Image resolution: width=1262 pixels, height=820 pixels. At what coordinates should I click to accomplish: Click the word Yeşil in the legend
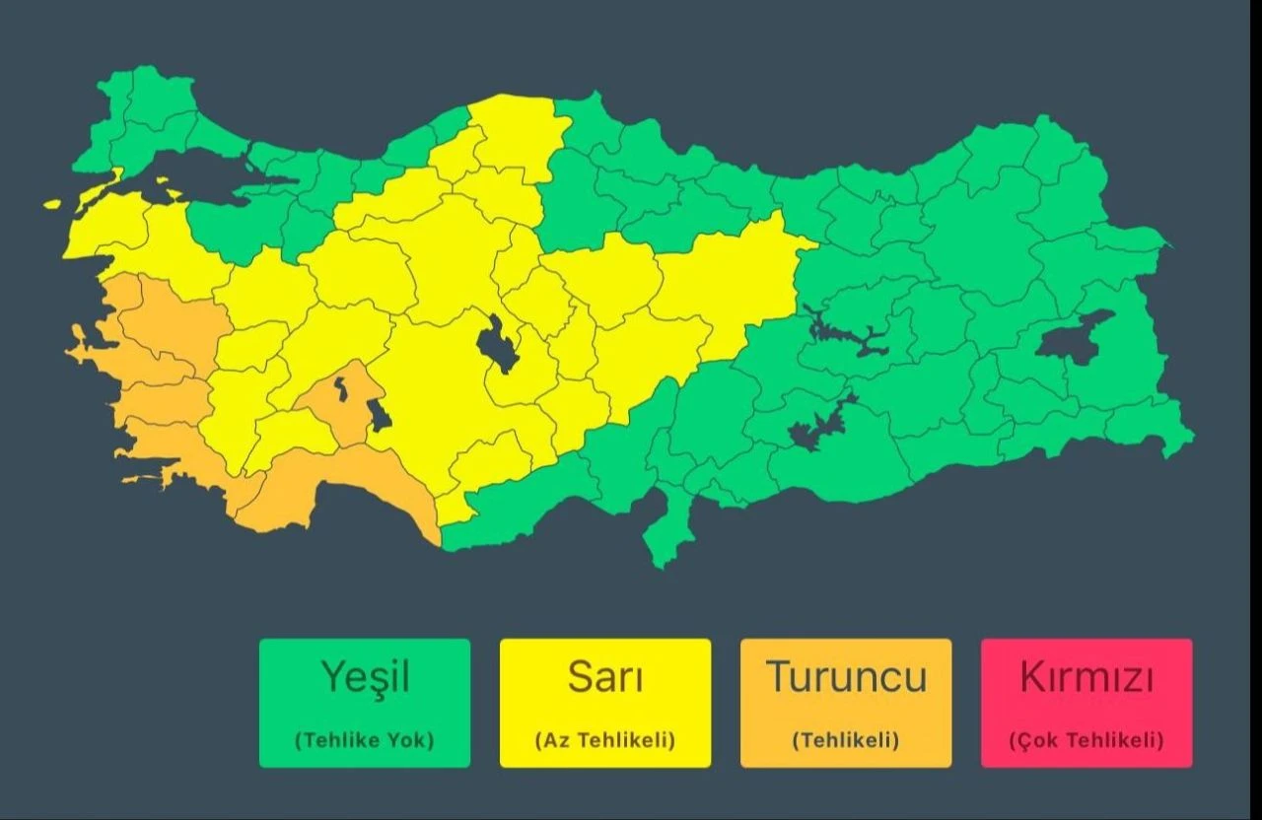click(x=365, y=677)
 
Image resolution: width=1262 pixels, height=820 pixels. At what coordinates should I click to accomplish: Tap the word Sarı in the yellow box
click(x=604, y=677)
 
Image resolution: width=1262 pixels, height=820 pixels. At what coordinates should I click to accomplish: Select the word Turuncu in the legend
click(x=846, y=677)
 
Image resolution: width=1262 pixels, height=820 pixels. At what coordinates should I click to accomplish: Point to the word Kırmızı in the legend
click(x=1087, y=677)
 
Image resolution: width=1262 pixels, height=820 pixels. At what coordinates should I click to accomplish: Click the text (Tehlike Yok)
click(x=365, y=740)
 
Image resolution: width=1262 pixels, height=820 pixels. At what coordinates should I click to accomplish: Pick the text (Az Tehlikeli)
click(x=604, y=740)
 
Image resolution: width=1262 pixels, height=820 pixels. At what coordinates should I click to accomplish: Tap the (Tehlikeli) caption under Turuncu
click(x=846, y=740)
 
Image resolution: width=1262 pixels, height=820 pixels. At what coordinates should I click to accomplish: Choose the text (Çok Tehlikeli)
click(x=1087, y=740)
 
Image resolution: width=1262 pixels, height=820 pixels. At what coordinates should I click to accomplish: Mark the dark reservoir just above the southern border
click(x=818, y=424)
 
